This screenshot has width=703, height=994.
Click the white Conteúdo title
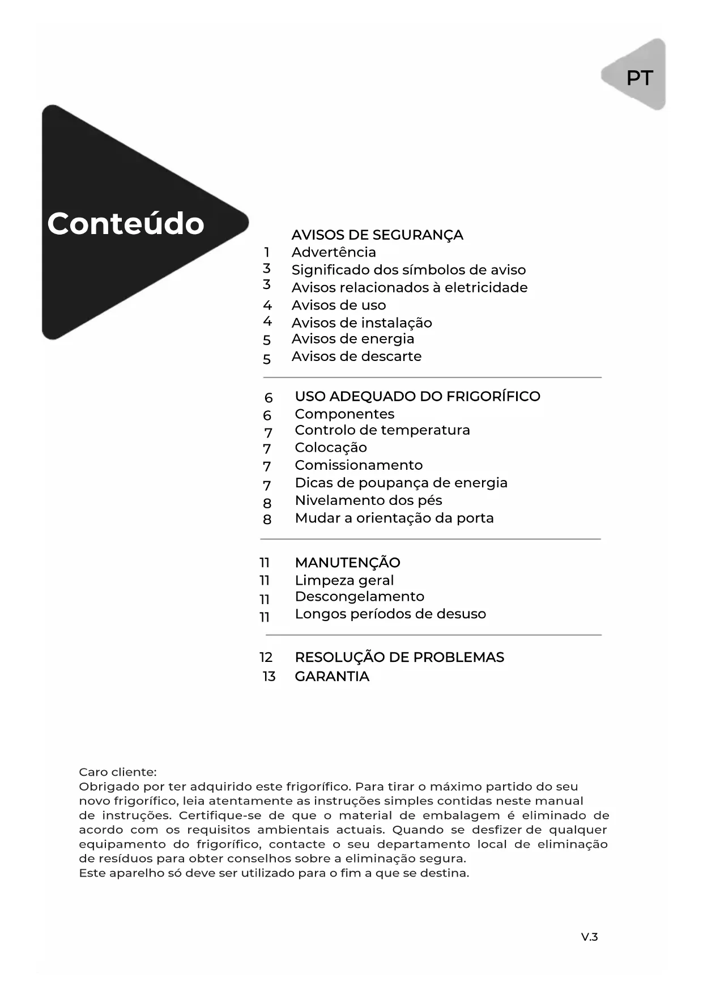click(126, 223)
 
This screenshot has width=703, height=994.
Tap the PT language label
click(640, 78)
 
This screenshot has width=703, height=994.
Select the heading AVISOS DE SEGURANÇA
click(377, 235)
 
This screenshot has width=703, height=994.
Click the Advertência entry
click(334, 252)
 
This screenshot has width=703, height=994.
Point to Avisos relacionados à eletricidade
click(410, 287)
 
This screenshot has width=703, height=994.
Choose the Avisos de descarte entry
click(356, 356)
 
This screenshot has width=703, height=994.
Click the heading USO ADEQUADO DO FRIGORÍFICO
click(417, 396)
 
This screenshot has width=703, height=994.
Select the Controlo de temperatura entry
click(382, 430)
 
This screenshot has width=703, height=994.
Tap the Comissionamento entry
click(359, 465)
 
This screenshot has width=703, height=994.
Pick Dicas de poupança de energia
click(401, 483)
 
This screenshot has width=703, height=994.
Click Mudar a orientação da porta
click(394, 518)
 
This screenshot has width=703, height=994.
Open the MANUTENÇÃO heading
click(347, 563)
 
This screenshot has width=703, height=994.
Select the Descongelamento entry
click(360, 596)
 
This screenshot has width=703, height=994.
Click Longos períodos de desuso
click(390, 614)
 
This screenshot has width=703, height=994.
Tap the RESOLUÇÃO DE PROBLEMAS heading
click(399, 657)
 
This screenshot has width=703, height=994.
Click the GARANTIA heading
click(332, 676)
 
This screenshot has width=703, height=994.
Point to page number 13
click(269, 676)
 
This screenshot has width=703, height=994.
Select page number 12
click(266, 657)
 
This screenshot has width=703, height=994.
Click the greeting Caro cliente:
click(118, 772)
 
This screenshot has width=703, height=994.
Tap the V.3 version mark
click(589, 937)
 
